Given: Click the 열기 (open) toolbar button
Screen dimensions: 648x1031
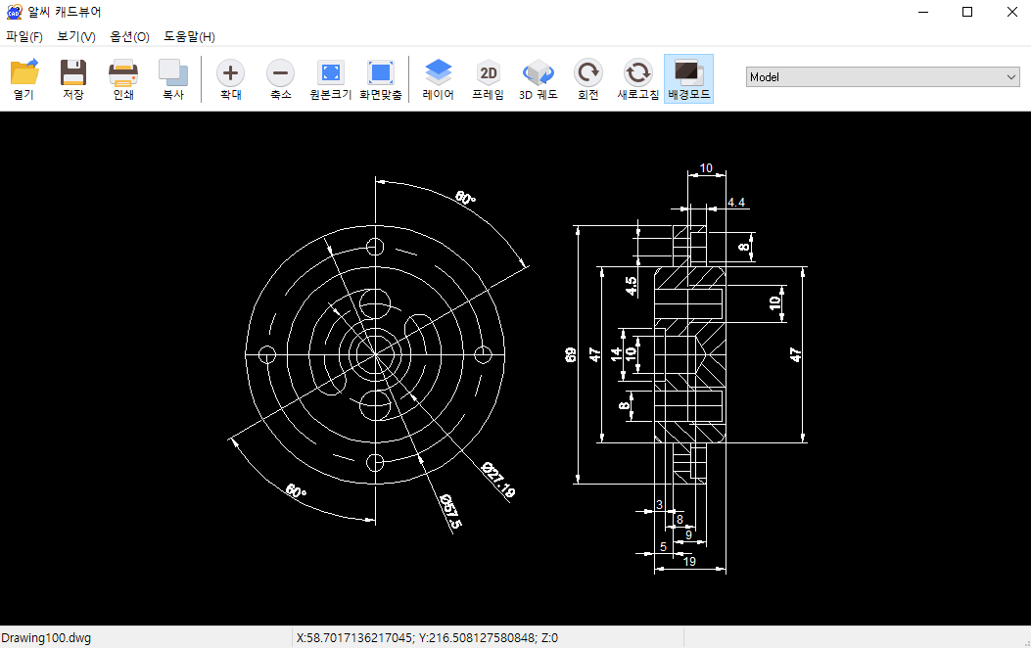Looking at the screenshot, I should (24, 79).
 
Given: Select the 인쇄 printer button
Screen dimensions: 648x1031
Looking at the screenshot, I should (123, 79).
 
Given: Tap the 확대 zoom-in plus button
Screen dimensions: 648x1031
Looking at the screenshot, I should (230, 79).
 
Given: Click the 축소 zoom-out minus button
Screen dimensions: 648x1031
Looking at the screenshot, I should (280, 79).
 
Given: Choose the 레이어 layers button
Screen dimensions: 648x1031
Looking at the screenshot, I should (438, 79).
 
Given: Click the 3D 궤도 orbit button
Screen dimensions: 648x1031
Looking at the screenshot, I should (538, 79).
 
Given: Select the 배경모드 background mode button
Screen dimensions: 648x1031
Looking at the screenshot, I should (688, 79).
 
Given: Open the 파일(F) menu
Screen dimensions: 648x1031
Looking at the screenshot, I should (24, 36).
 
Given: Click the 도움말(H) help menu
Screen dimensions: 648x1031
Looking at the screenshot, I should (189, 36).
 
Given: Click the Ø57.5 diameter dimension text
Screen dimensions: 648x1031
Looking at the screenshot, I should (450, 513).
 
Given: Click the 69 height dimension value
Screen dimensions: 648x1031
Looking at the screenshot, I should (572, 354).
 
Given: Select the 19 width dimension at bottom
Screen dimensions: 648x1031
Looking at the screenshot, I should (689, 561).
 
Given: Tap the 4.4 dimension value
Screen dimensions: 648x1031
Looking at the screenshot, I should (736, 203).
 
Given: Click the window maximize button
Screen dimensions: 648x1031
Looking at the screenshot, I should (967, 12).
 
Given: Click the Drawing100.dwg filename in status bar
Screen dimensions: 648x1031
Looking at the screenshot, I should (45, 637).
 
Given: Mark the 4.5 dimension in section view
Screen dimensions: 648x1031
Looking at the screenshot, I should (632, 286).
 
